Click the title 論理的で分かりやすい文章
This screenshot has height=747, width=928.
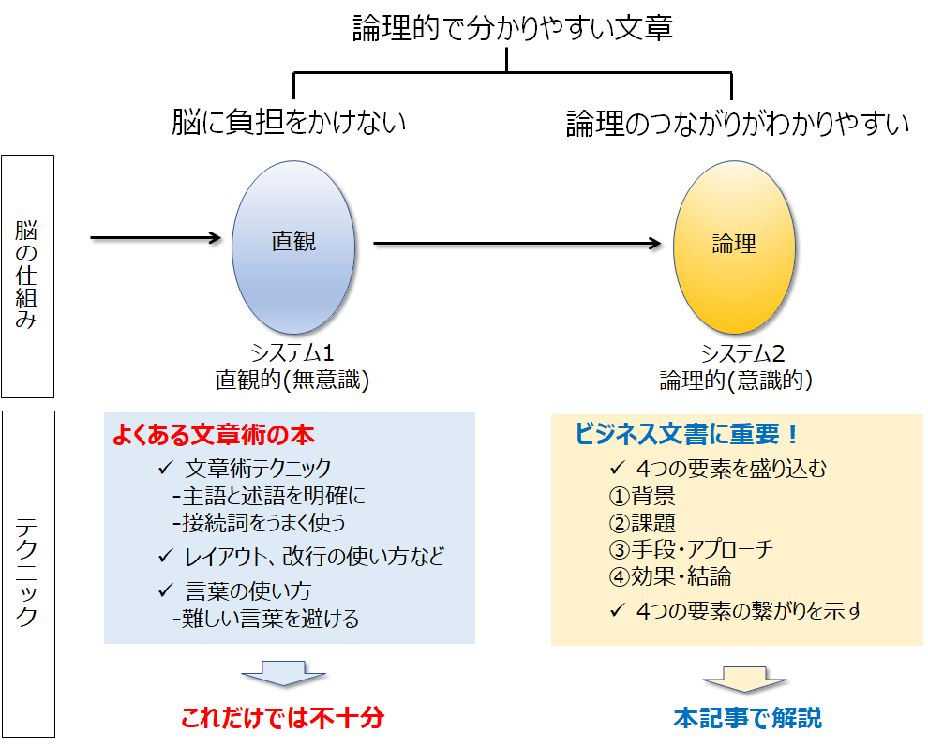pos(512,28)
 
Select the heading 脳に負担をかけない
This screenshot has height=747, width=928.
pos(289,122)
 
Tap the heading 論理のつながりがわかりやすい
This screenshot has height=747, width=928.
pos(738,124)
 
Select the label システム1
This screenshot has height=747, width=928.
pos(292,354)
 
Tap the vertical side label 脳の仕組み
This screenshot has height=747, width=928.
pos(27,276)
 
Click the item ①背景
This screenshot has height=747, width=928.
pos(642,496)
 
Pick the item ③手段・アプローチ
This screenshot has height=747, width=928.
pos(691,549)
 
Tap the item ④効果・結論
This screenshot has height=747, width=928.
pos(670,576)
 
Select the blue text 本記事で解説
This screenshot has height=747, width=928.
pos(747,718)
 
